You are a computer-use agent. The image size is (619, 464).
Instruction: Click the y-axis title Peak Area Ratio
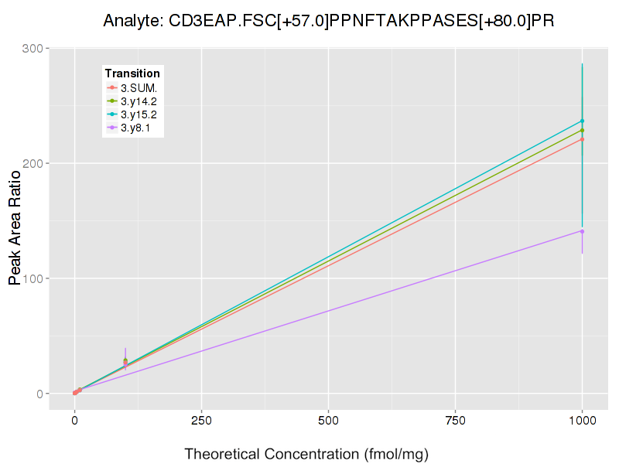(x=15, y=228)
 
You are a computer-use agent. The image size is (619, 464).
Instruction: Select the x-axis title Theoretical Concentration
(x=306, y=454)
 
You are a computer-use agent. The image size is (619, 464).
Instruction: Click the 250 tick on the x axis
(x=201, y=421)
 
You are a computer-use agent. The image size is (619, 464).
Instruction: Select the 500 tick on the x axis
(x=328, y=421)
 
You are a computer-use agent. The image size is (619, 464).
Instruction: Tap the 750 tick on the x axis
(x=455, y=421)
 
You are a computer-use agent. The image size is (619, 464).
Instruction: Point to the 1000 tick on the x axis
(x=582, y=421)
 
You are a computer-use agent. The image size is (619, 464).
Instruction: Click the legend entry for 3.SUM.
(x=139, y=87)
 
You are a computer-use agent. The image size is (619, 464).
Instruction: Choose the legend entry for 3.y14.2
(x=139, y=101)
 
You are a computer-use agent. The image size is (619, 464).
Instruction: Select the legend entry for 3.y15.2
(x=139, y=114)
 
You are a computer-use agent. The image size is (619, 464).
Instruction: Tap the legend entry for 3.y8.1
(x=135, y=127)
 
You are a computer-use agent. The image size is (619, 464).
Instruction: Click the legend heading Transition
(x=132, y=73)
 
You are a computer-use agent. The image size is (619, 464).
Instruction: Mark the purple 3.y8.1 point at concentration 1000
(x=582, y=231)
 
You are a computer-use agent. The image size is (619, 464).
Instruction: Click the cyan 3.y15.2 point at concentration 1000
(x=582, y=121)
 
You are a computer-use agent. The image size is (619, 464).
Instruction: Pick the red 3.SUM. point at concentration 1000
(x=582, y=139)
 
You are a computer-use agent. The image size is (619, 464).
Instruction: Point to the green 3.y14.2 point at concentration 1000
(x=582, y=130)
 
